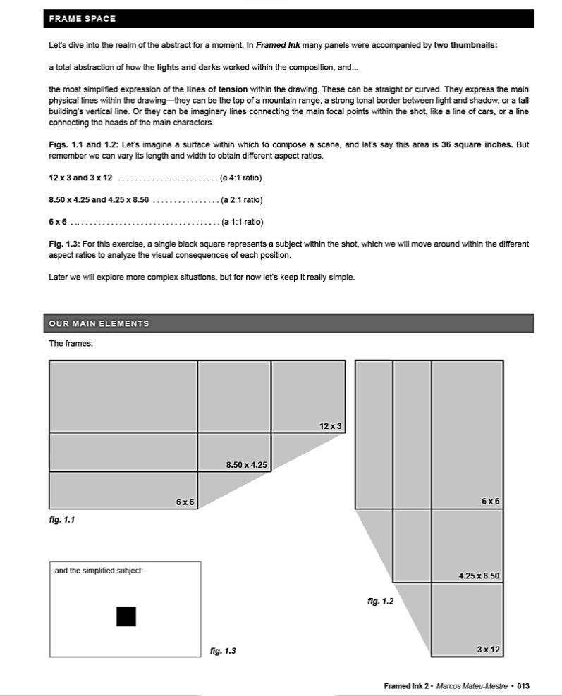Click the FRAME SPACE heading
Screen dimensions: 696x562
click(83, 19)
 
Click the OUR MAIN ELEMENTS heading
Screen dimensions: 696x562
click(99, 323)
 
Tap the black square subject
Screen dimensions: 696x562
click(126, 616)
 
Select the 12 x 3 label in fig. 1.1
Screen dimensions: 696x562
click(330, 426)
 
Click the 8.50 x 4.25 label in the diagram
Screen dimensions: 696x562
click(246, 464)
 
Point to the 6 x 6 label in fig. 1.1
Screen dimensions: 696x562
click(185, 502)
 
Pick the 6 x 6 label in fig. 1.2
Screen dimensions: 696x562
click(491, 502)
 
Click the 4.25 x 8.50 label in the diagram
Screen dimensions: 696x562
click(479, 576)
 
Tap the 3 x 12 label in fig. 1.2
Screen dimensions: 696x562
click(488, 650)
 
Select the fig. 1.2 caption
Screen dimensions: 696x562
click(380, 601)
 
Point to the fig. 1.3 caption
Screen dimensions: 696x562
click(223, 651)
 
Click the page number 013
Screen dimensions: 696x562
click(523, 685)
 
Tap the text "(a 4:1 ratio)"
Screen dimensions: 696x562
click(242, 178)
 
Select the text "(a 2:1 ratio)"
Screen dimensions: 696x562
click(242, 199)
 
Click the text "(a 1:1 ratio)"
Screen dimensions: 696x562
click(243, 222)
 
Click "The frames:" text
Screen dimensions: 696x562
click(71, 344)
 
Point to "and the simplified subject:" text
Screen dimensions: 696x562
click(99, 570)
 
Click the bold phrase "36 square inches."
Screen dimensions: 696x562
click(477, 144)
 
